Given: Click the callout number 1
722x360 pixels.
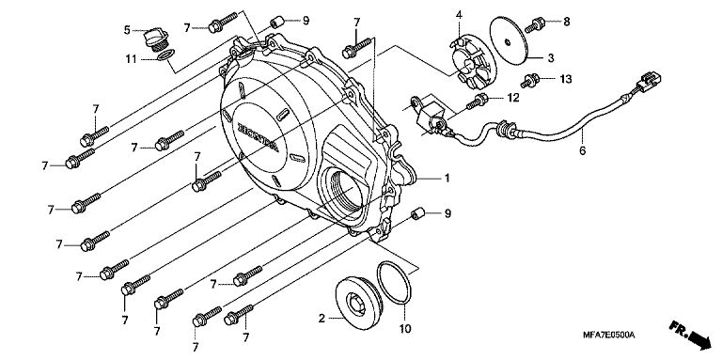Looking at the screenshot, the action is pyautogui.click(x=447, y=178).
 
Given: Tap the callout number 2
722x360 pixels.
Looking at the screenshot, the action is pyautogui.click(x=322, y=318).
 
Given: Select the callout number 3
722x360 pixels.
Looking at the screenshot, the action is pyautogui.click(x=551, y=58).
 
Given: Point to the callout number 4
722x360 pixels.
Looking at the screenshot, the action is pyautogui.click(x=459, y=15).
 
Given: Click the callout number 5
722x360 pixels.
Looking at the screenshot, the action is pyautogui.click(x=127, y=30).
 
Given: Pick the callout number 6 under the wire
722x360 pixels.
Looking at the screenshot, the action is pyautogui.click(x=583, y=150).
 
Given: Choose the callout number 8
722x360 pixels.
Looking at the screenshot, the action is pyautogui.click(x=566, y=22).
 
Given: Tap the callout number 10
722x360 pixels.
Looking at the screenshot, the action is pyautogui.click(x=405, y=329).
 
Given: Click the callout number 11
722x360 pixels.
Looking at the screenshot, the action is pyautogui.click(x=132, y=59).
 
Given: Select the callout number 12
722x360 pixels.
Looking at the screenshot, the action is pyautogui.click(x=513, y=98).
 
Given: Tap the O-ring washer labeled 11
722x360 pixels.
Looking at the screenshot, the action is pyautogui.click(x=165, y=55).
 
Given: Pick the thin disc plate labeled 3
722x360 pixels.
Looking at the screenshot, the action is pyautogui.click(x=508, y=40).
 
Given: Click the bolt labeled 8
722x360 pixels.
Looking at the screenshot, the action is pyautogui.click(x=535, y=24).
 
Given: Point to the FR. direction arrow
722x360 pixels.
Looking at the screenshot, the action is pyautogui.click(x=691, y=336).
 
